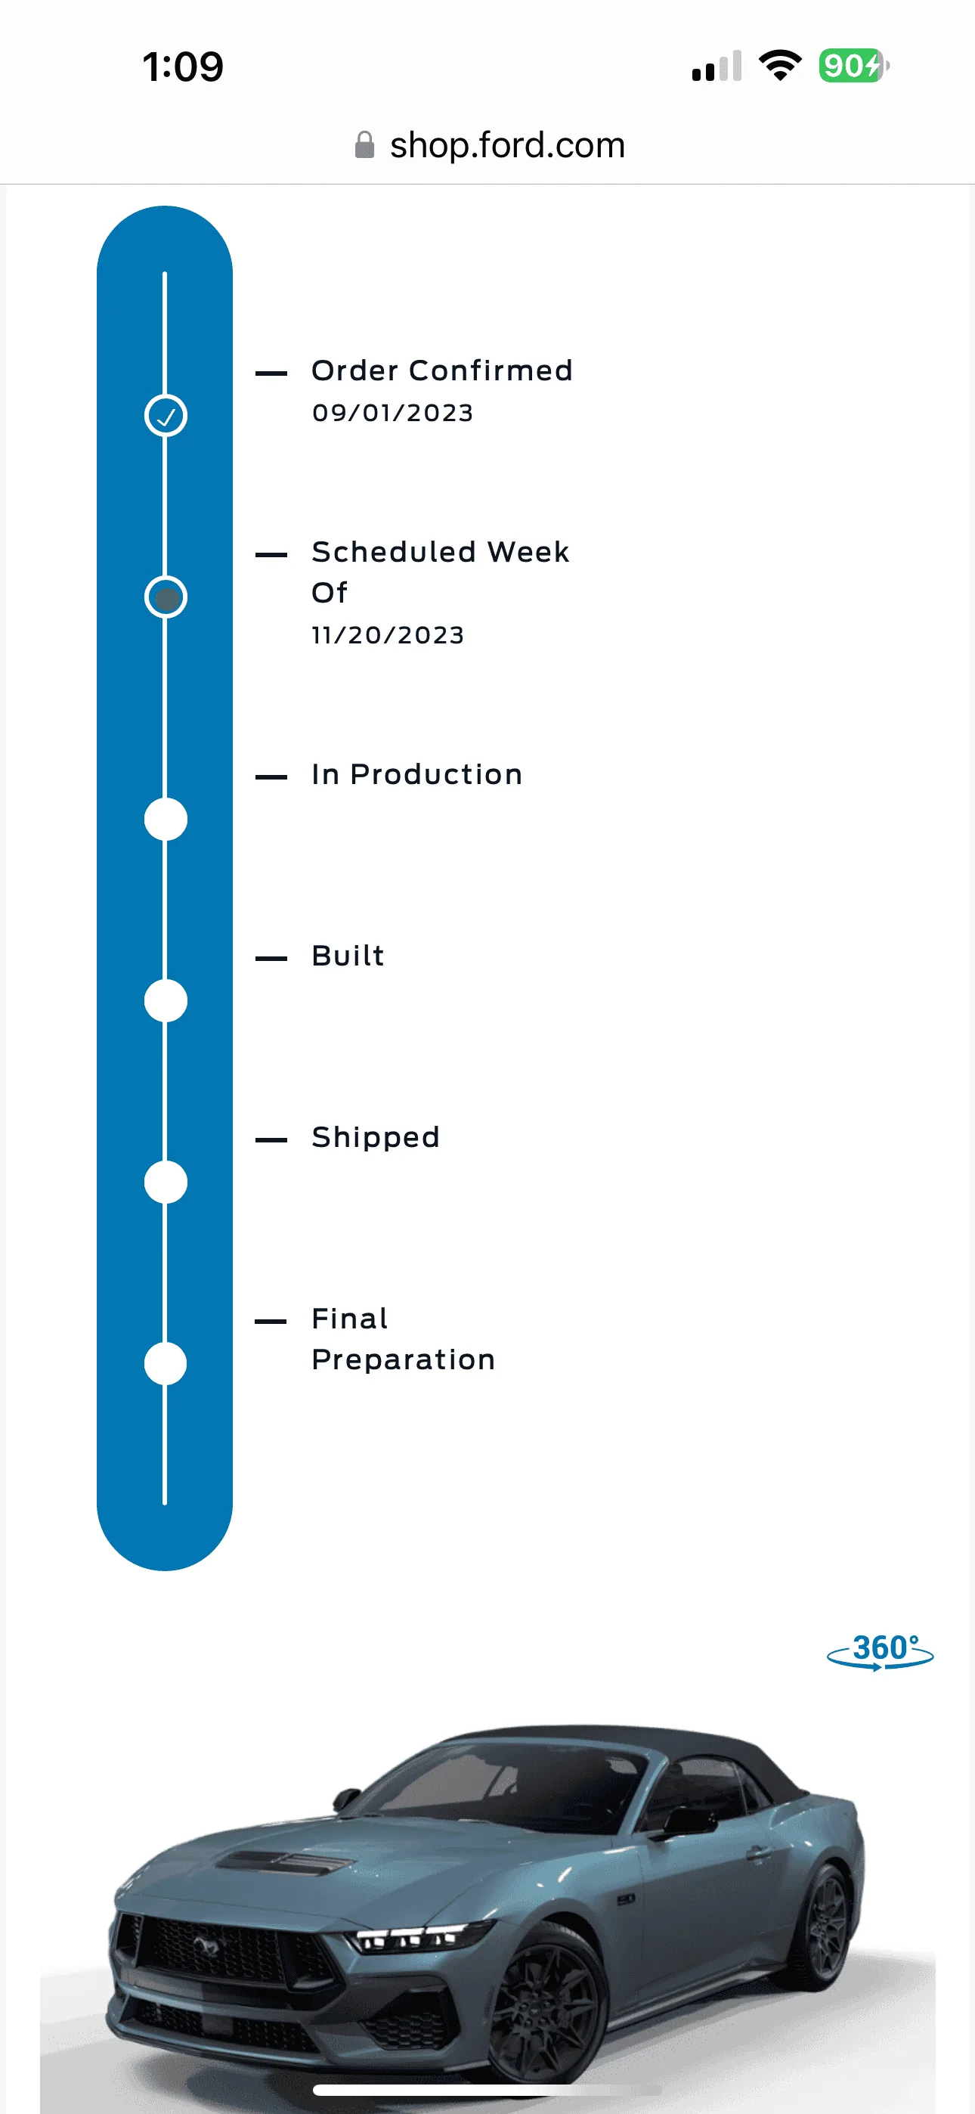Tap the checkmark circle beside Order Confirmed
click(x=166, y=415)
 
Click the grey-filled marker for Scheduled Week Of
click(x=166, y=597)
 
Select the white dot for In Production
click(x=166, y=819)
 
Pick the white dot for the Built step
click(x=166, y=1000)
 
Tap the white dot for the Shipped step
click(x=166, y=1182)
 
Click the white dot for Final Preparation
click(x=166, y=1363)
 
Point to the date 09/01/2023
click(x=392, y=412)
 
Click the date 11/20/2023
click(x=388, y=634)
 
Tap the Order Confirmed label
click(x=441, y=370)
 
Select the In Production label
click(x=416, y=774)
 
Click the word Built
click(x=348, y=955)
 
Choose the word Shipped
click(x=375, y=1137)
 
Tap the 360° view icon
click(x=880, y=1651)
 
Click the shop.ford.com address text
click(x=507, y=145)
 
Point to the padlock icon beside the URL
click(x=364, y=145)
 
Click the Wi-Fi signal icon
click(x=780, y=65)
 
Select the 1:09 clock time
click(x=182, y=67)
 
